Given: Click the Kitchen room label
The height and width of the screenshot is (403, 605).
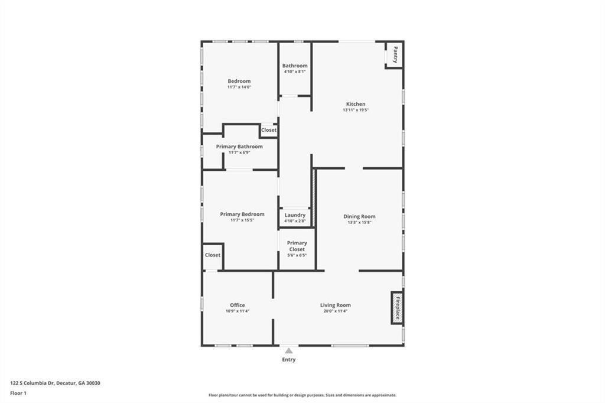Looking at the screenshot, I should pos(356,104).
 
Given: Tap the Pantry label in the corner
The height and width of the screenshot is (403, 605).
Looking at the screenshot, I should pos(395,55).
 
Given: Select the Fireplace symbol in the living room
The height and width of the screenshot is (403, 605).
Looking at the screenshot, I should pos(397,308).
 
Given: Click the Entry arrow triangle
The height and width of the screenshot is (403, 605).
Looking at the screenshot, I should pos(288,351).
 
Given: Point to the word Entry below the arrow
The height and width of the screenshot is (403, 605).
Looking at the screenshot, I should pos(288,359).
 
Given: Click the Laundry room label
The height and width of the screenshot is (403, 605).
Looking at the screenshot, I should pos(295,215).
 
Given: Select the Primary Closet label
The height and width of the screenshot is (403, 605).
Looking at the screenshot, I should pos(297,246).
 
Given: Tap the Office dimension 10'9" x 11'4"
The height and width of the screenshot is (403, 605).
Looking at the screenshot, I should pos(238,311).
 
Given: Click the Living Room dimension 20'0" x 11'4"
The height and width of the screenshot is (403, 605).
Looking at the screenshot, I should pos(336,311).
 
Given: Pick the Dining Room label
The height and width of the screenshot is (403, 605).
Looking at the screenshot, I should pos(359,216).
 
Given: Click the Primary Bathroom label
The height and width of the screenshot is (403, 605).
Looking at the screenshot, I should pos(239,147).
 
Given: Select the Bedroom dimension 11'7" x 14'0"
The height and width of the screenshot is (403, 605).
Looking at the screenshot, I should pos(239,87).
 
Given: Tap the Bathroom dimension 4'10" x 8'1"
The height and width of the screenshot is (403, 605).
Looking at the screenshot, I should pos(295,71).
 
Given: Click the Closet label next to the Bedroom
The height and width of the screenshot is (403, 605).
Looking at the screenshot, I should pos(269,130).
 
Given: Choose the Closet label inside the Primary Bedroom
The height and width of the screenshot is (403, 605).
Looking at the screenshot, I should pos(213,255).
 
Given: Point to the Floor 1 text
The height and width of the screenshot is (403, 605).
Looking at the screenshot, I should pos(18,392).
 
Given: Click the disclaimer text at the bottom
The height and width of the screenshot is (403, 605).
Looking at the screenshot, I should pos(302,395).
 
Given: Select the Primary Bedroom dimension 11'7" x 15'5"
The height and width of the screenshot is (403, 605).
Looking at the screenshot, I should pos(242,220).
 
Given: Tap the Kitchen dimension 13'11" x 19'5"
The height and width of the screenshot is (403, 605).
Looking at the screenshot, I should pos(356,110).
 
